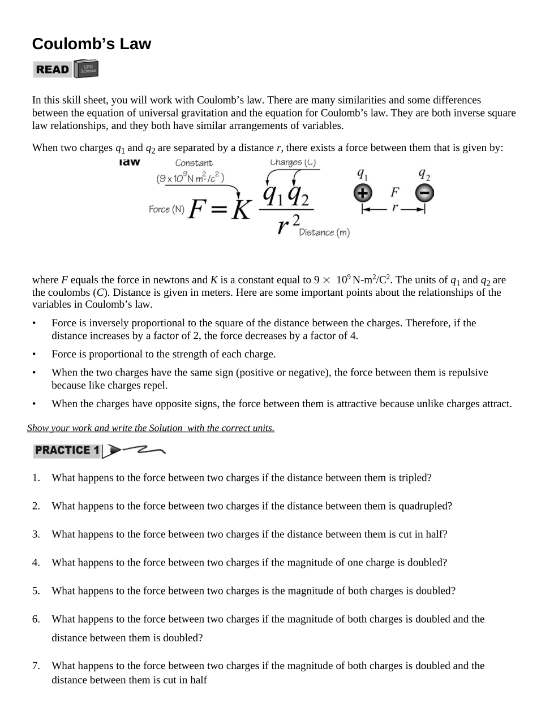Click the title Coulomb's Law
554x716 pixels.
tap(92, 44)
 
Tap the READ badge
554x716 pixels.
tap(52, 70)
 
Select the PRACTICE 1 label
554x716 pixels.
tap(67, 451)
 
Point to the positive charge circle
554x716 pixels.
tap(363, 193)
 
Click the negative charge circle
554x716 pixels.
tap(424, 193)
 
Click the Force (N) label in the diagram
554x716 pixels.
tap(166, 209)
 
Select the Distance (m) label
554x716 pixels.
tap(324, 232)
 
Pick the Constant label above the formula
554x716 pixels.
tap(194, 163)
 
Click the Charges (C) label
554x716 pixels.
tap(293, 162)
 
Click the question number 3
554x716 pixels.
tap(36, 534)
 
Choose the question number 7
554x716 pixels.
tap(36, 666)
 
